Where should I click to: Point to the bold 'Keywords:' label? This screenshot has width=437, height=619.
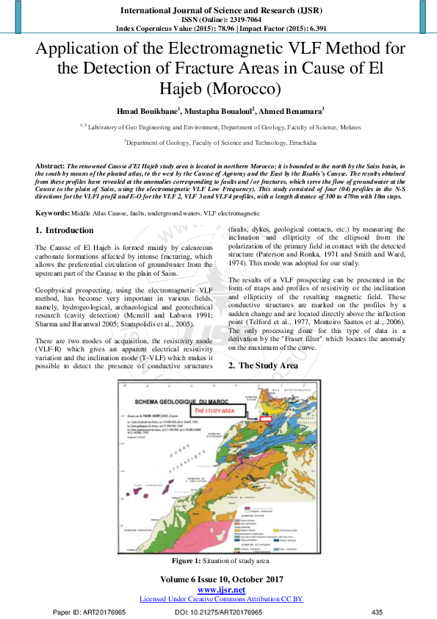(x=53, y=213)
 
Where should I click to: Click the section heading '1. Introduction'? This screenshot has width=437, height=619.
(x=65, y=231)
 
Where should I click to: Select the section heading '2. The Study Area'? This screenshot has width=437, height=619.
(x=263, y=365)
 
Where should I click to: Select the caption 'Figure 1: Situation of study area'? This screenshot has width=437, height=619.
(x=218, y=561)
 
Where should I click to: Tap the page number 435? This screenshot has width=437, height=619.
(x=378, y=612)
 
